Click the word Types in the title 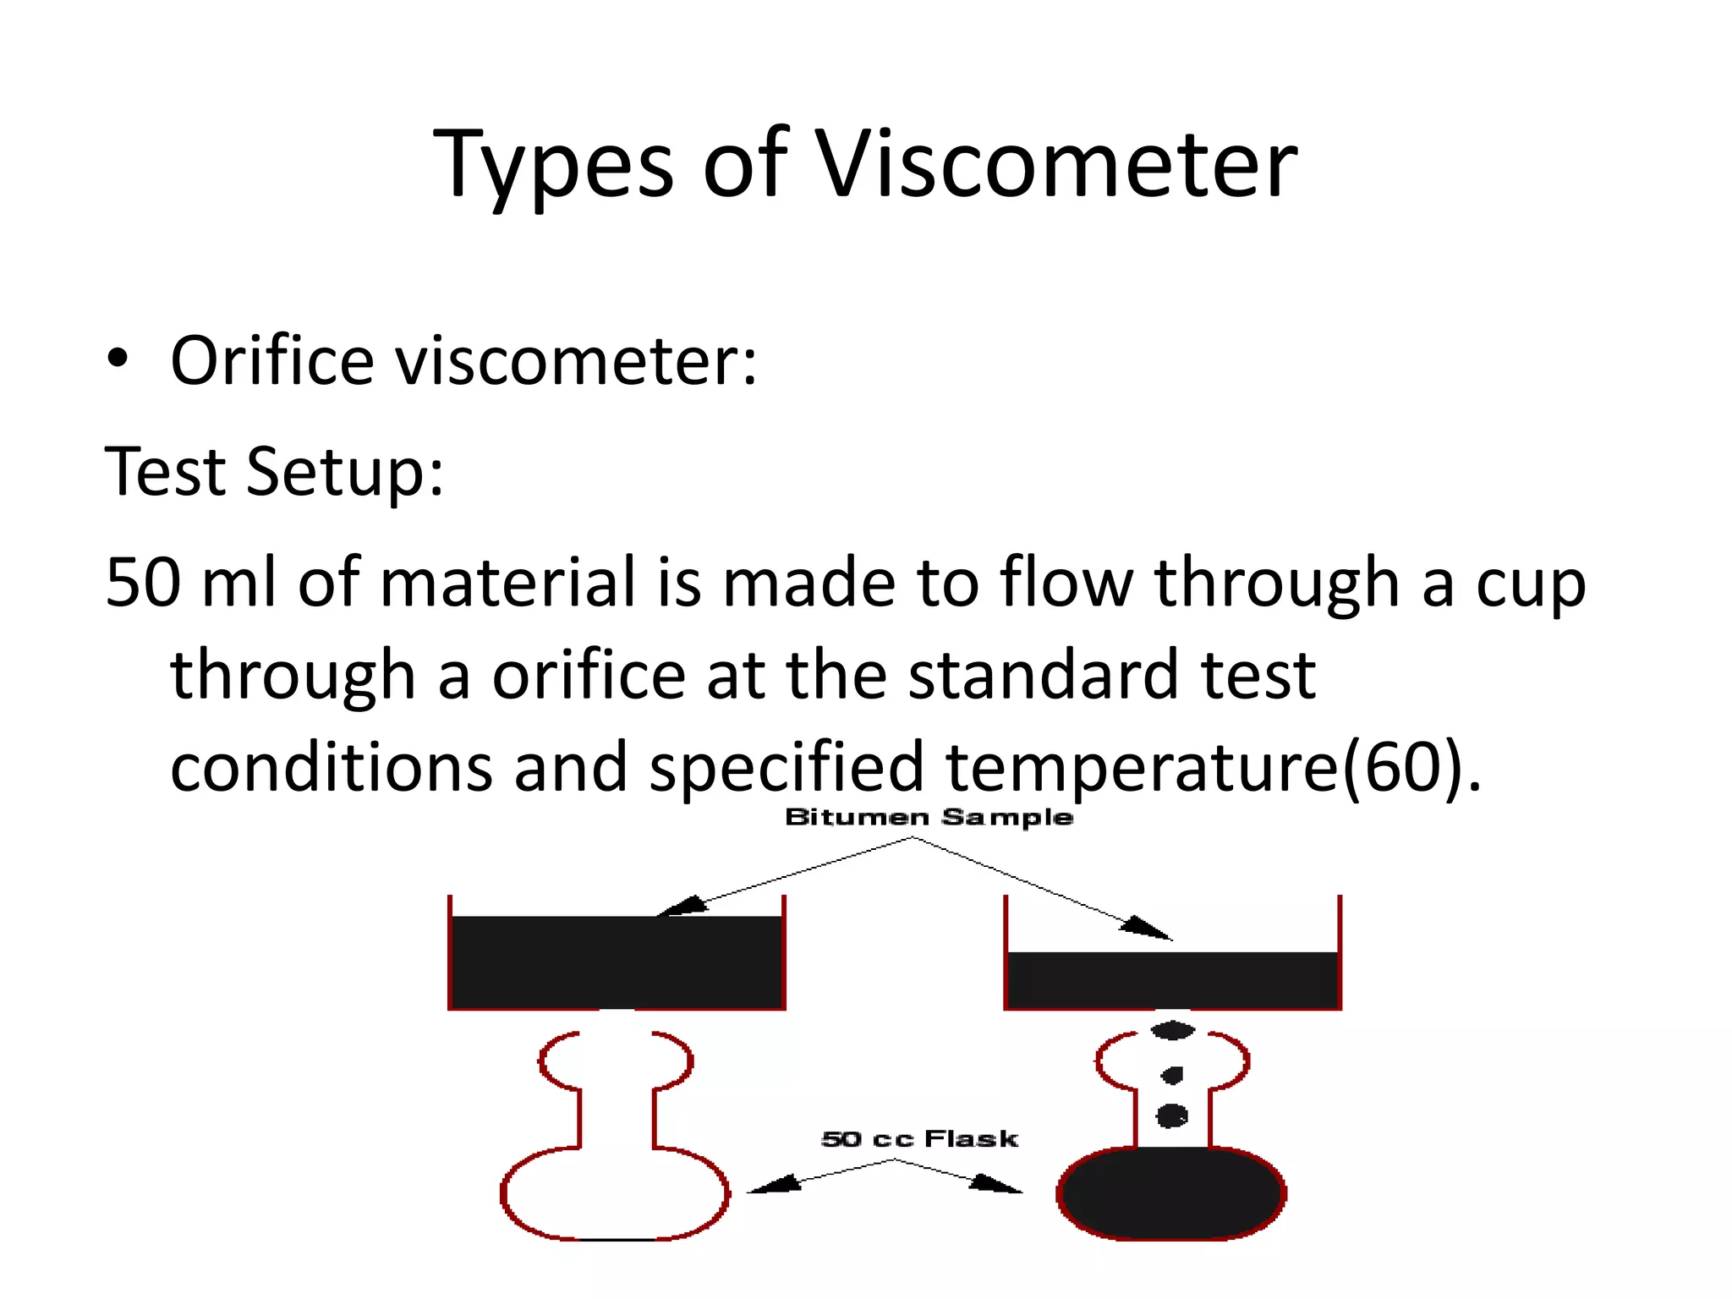click(x=554, y=165)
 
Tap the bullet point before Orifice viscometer click(x=118, y=359)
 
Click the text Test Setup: click(x=274, y=472)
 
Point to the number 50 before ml click(x=143, y=583)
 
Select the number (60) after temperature click(x=1402, y=766)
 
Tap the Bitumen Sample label click(x=929, y=817)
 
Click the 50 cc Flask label click(x=919, y=1138)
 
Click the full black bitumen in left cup click(x=617, y=962)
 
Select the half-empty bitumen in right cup click(x=1172, y=980)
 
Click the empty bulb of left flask click(x=615, y=1192)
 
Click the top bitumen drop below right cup click(x=1172, y=1030)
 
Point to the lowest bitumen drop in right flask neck click(x=1171, y=1115)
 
